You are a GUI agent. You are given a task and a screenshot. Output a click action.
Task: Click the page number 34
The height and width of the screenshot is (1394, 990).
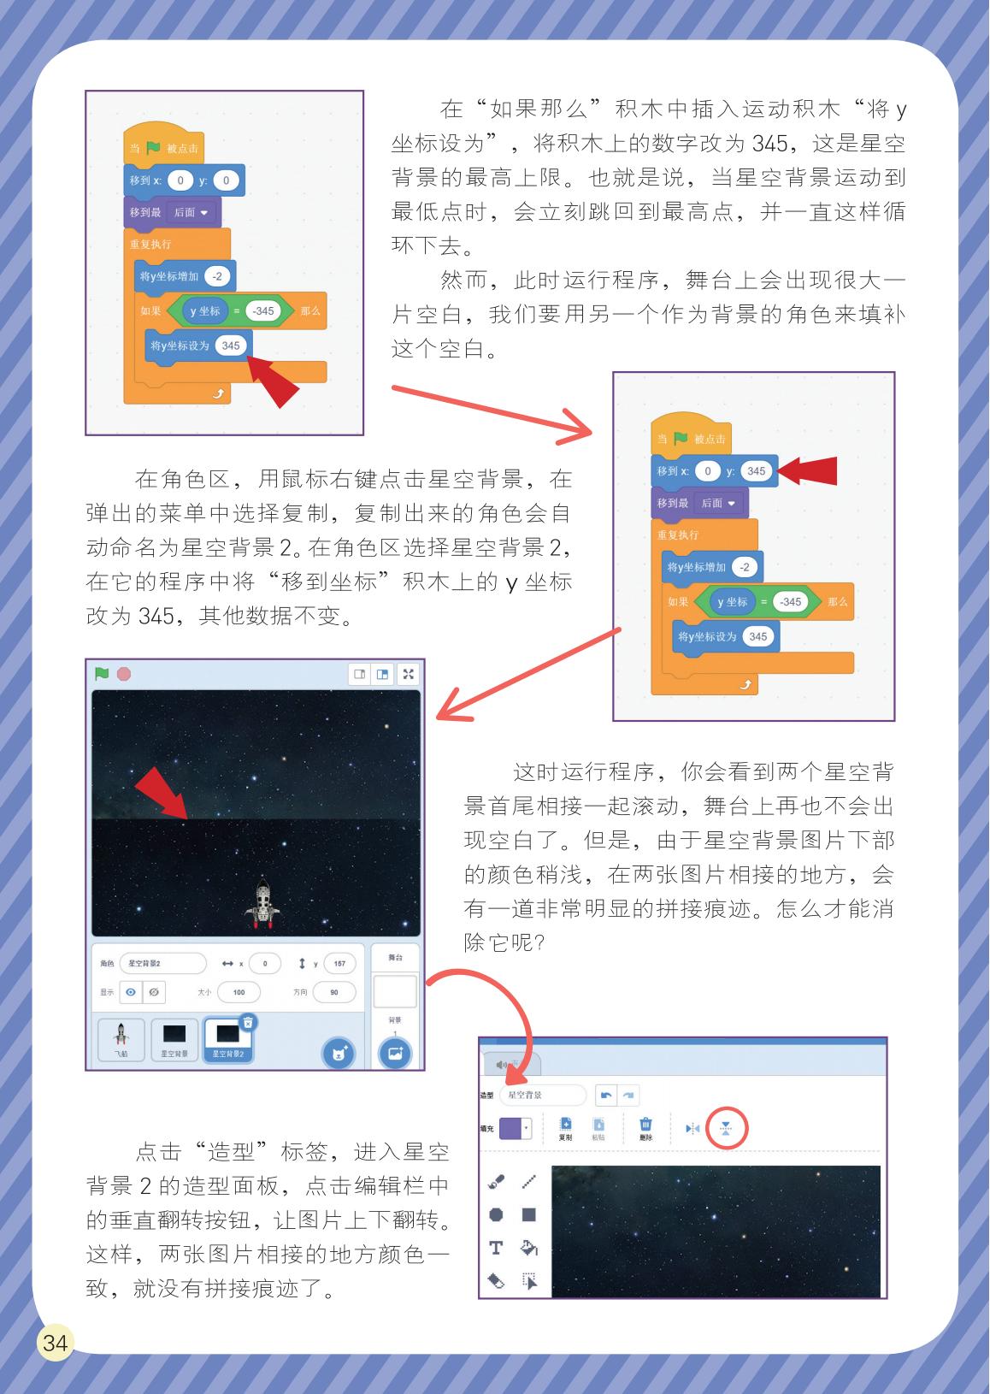pyautogui.click(x=55, y=1342)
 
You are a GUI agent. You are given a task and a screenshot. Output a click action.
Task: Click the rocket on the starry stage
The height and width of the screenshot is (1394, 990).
pyautogui.click(x=262, y=903)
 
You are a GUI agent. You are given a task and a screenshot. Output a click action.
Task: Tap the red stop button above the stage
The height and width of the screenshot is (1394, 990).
pyautogui.click(x=124, y=674)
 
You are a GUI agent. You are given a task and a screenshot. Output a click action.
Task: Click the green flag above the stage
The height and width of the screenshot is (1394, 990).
pyautogui.click(x=102, y=674)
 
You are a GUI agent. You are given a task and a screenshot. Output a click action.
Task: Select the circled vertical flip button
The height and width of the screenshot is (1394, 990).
pyautogui.click(x=725, y=1129)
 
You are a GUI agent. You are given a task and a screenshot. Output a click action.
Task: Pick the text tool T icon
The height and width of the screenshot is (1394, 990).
pyautogui.click(x=496, y=1248)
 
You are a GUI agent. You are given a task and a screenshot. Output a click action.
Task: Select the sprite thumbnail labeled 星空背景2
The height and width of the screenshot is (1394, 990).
pyautogui.click(x=227, y=1039)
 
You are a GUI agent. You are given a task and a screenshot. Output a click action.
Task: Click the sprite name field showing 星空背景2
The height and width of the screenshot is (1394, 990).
pyautogui.click(x=162, y=963)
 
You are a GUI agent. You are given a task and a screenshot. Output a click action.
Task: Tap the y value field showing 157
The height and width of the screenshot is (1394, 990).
pyautogui.click(x=339, y=963)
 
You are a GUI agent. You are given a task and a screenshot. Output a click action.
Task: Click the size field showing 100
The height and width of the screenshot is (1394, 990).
pyautogui.click(x=239, y=993)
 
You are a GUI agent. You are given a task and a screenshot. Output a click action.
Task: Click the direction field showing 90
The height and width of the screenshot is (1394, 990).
pyautogui.click(x=333, y=993)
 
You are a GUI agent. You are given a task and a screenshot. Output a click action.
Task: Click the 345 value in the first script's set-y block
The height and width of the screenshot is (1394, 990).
pyautogui.click(x=230, y=346)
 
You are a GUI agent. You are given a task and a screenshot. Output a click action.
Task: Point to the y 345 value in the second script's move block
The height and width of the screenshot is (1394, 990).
pyautogui.click(x=756, y=471)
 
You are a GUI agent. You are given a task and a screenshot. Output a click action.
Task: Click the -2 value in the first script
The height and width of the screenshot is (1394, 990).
pyautogui.click(x=217, y=276)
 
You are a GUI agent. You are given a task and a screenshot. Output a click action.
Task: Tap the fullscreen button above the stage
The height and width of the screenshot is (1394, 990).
pyautogui.click(x=408, y=674)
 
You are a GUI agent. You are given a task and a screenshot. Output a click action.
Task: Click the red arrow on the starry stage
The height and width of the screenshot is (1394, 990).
pyautogui.click(x=162, y=791)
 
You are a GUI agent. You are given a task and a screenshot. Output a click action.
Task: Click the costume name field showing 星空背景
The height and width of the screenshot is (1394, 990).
pyautogui.click(x=542, y=1095)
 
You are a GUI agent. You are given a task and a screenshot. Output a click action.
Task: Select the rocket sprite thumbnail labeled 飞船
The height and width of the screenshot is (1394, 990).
pyautogui.click(x=121, y=1039)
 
